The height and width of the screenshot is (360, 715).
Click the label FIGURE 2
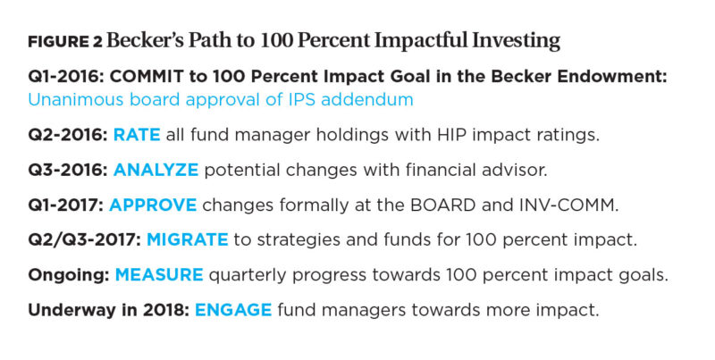(65, 42)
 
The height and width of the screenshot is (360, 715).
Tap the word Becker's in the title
(145, 40)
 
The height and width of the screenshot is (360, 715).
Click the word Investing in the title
(516, 41)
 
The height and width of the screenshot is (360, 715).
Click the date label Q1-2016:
(66, 77)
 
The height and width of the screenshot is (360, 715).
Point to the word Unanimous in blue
(76, 99)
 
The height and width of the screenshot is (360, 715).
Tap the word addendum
(367, 99)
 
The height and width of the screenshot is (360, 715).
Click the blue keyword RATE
(137, 135)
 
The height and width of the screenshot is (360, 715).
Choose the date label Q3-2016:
(68, 170)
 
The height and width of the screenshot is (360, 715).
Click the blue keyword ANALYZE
(156, 170)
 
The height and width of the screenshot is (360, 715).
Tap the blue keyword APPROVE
(153, 205)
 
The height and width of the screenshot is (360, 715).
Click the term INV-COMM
(568, 205)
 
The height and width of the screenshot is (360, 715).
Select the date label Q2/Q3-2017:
(85, 240)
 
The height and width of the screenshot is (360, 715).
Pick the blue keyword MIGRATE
(188, 240)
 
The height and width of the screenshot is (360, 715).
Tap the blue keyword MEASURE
(159, 275)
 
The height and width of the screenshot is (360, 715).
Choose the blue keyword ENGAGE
(233, 310)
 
